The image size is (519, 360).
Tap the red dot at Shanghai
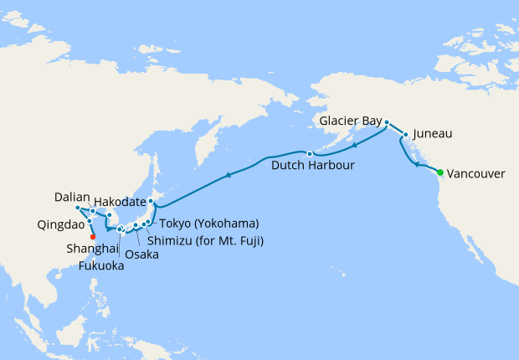click(92, 236)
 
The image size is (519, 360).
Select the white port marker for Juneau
click(405, 134)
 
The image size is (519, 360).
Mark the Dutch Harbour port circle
click(309, 153)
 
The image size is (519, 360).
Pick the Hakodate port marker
click(151, 202)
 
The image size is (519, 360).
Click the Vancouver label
click(476, 174)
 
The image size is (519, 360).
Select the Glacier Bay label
click(349, 121)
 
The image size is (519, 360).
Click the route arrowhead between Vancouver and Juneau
click(415, 166)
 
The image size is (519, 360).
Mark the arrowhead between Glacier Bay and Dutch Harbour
click(354, 145)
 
